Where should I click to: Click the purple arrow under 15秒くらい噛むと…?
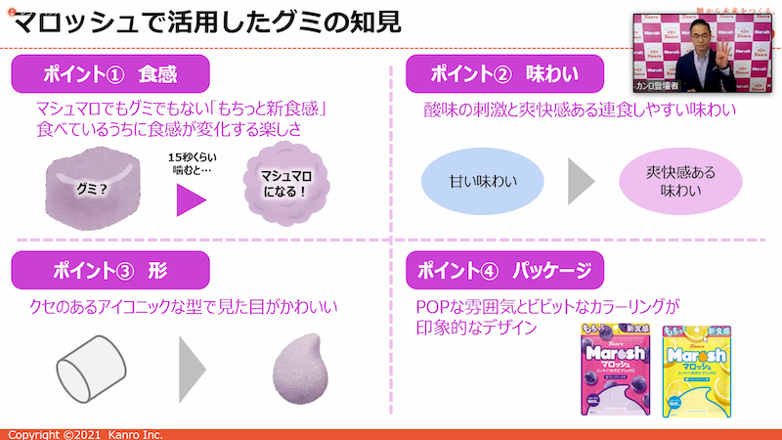coord(192,199)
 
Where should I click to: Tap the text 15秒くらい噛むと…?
coord(192,162)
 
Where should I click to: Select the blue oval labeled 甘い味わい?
coord(482,182)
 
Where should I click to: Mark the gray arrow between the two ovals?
coord(583,182)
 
